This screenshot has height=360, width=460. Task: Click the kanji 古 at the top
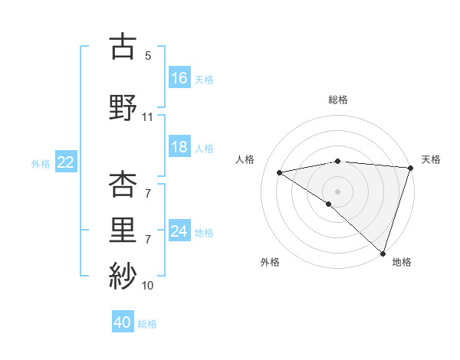123,47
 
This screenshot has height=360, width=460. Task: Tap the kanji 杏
123,185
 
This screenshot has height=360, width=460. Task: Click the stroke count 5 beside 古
147,56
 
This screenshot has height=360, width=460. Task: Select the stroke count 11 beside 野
147,117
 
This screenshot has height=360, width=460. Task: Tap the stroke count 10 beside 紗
147,286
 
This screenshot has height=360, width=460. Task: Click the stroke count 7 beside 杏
147,194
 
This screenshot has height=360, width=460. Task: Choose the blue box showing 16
179,77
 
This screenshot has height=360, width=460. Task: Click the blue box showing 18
179,147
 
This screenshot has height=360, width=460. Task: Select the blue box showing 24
179,231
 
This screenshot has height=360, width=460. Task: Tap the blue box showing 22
66,162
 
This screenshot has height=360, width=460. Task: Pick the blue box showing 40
123,322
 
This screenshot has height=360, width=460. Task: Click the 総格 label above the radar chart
337,100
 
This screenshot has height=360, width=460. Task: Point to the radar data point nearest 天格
410,169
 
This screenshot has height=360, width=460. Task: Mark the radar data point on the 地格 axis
382,253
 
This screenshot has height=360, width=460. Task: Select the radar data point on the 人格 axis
280,172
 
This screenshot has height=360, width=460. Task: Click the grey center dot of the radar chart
337,190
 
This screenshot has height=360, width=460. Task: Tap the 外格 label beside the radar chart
270,262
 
